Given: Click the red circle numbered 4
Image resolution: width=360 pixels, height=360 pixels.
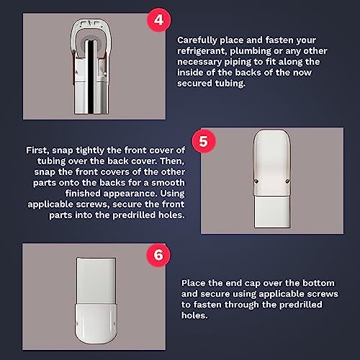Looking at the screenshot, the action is pos(158,20).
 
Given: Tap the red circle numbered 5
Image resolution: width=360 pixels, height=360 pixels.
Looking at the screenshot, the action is pos(204,141).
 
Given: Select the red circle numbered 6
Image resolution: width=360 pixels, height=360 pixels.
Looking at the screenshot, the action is pos(158,255).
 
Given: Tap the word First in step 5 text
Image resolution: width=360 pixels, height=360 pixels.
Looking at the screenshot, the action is pos(37,150).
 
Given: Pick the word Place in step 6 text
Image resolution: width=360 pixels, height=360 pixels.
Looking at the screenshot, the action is pos(193,283).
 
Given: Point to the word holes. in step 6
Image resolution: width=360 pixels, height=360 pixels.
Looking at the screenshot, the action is pos(194,315).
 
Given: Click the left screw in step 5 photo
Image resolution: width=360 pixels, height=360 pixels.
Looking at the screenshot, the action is pos(256,181).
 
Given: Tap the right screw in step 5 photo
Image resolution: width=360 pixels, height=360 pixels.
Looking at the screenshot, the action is pos(288,181).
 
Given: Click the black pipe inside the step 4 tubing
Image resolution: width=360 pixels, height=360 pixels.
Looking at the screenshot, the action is pos(90,77).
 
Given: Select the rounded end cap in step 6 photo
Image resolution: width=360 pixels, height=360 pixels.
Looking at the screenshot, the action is pos(96,324).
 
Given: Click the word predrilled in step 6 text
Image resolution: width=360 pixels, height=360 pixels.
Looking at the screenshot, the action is pos(301,305).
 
